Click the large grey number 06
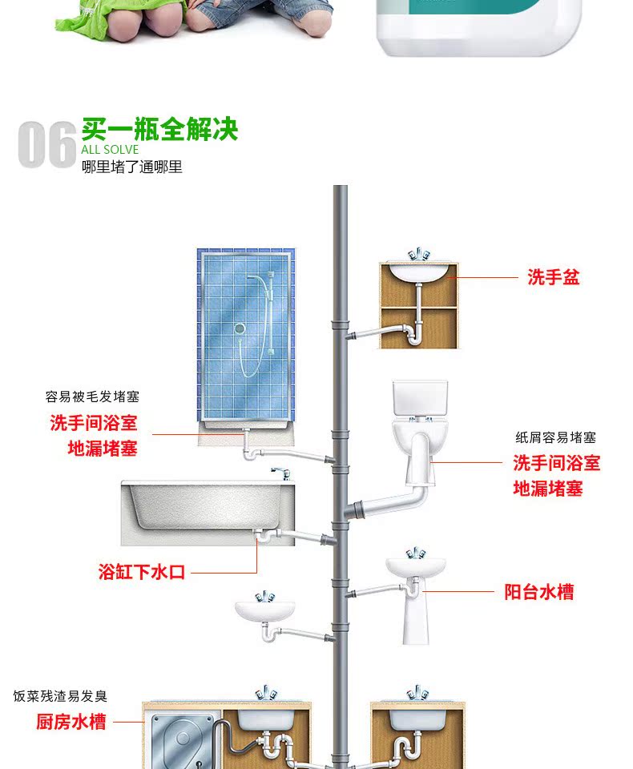coord(47,145)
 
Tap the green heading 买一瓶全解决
coord(159,129)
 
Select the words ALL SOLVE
coord(110,150)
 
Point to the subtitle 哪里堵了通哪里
coord(132,167)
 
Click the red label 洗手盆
coord(553,278)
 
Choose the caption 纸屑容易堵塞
coord(555,438)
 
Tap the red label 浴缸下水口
coord(142,572)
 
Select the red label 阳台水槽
coord(539,593)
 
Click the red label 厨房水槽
coord(71,722)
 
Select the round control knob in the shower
coord(239,329)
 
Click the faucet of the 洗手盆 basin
coord(417,256)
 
